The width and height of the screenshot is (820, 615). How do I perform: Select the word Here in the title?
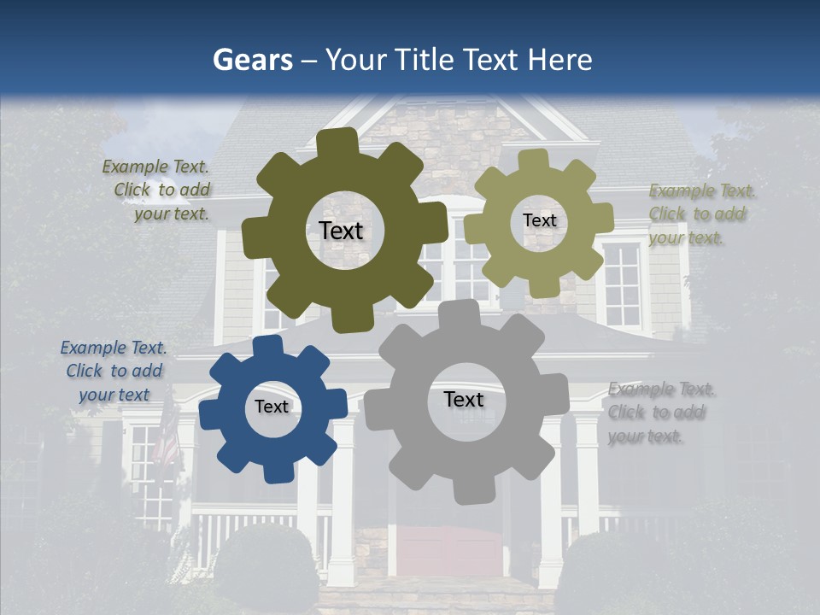tap(560, 60)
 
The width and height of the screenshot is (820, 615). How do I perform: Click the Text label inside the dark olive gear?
tap(341, 231)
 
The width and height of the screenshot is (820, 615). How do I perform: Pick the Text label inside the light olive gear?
tap(539, 220)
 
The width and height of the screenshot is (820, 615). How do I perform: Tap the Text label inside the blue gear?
tap(272, 407)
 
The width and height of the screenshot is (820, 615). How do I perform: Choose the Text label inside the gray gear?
tap(464, 399)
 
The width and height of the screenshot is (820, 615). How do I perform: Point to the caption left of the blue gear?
tap(114, 371)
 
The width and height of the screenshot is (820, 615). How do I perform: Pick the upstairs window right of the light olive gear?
tap(622, 284)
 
